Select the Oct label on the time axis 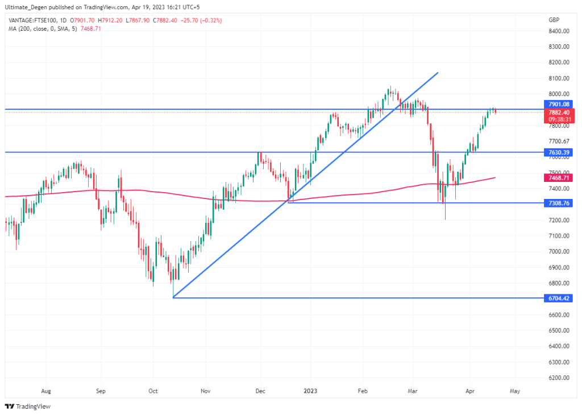click(x=153, y=391)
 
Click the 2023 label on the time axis click(x=310, y=391)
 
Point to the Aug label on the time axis click(x=47, y=391)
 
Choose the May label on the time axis click(x=515, y=391)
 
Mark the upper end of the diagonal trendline click(x=438, y=73)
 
